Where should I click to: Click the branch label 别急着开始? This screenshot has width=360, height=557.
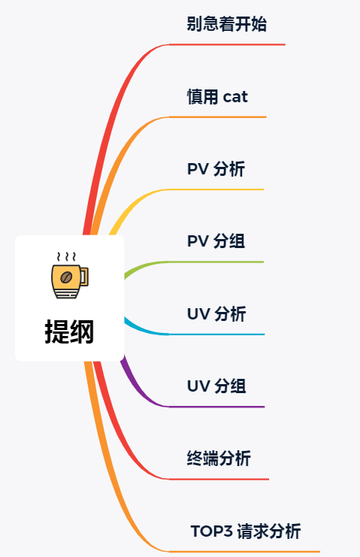226,24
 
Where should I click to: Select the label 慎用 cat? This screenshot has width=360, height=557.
217,97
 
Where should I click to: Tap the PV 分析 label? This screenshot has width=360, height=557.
216,169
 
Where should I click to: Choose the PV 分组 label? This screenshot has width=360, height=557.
216,241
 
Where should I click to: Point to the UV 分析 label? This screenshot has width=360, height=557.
216,314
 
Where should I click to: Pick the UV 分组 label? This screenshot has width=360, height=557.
216,386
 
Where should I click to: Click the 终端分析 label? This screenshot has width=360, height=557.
219,459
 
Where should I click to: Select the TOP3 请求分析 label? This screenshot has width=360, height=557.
246,531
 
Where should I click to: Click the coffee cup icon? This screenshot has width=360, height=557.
70,275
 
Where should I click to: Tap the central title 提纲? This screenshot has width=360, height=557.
69,331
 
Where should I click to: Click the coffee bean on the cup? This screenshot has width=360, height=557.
66,277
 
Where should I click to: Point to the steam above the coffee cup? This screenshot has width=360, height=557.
66,256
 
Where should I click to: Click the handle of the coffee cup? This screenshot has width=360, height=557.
84,277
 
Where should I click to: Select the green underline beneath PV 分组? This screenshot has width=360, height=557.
216,262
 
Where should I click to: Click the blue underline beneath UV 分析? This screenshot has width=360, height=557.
216,335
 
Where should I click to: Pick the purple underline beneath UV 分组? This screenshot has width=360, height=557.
216,407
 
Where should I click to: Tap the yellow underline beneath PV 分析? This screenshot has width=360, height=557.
216,189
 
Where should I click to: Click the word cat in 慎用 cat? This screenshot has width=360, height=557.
235,97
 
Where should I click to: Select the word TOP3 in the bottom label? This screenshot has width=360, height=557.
212,531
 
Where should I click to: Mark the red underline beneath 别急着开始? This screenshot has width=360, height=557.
227,45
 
